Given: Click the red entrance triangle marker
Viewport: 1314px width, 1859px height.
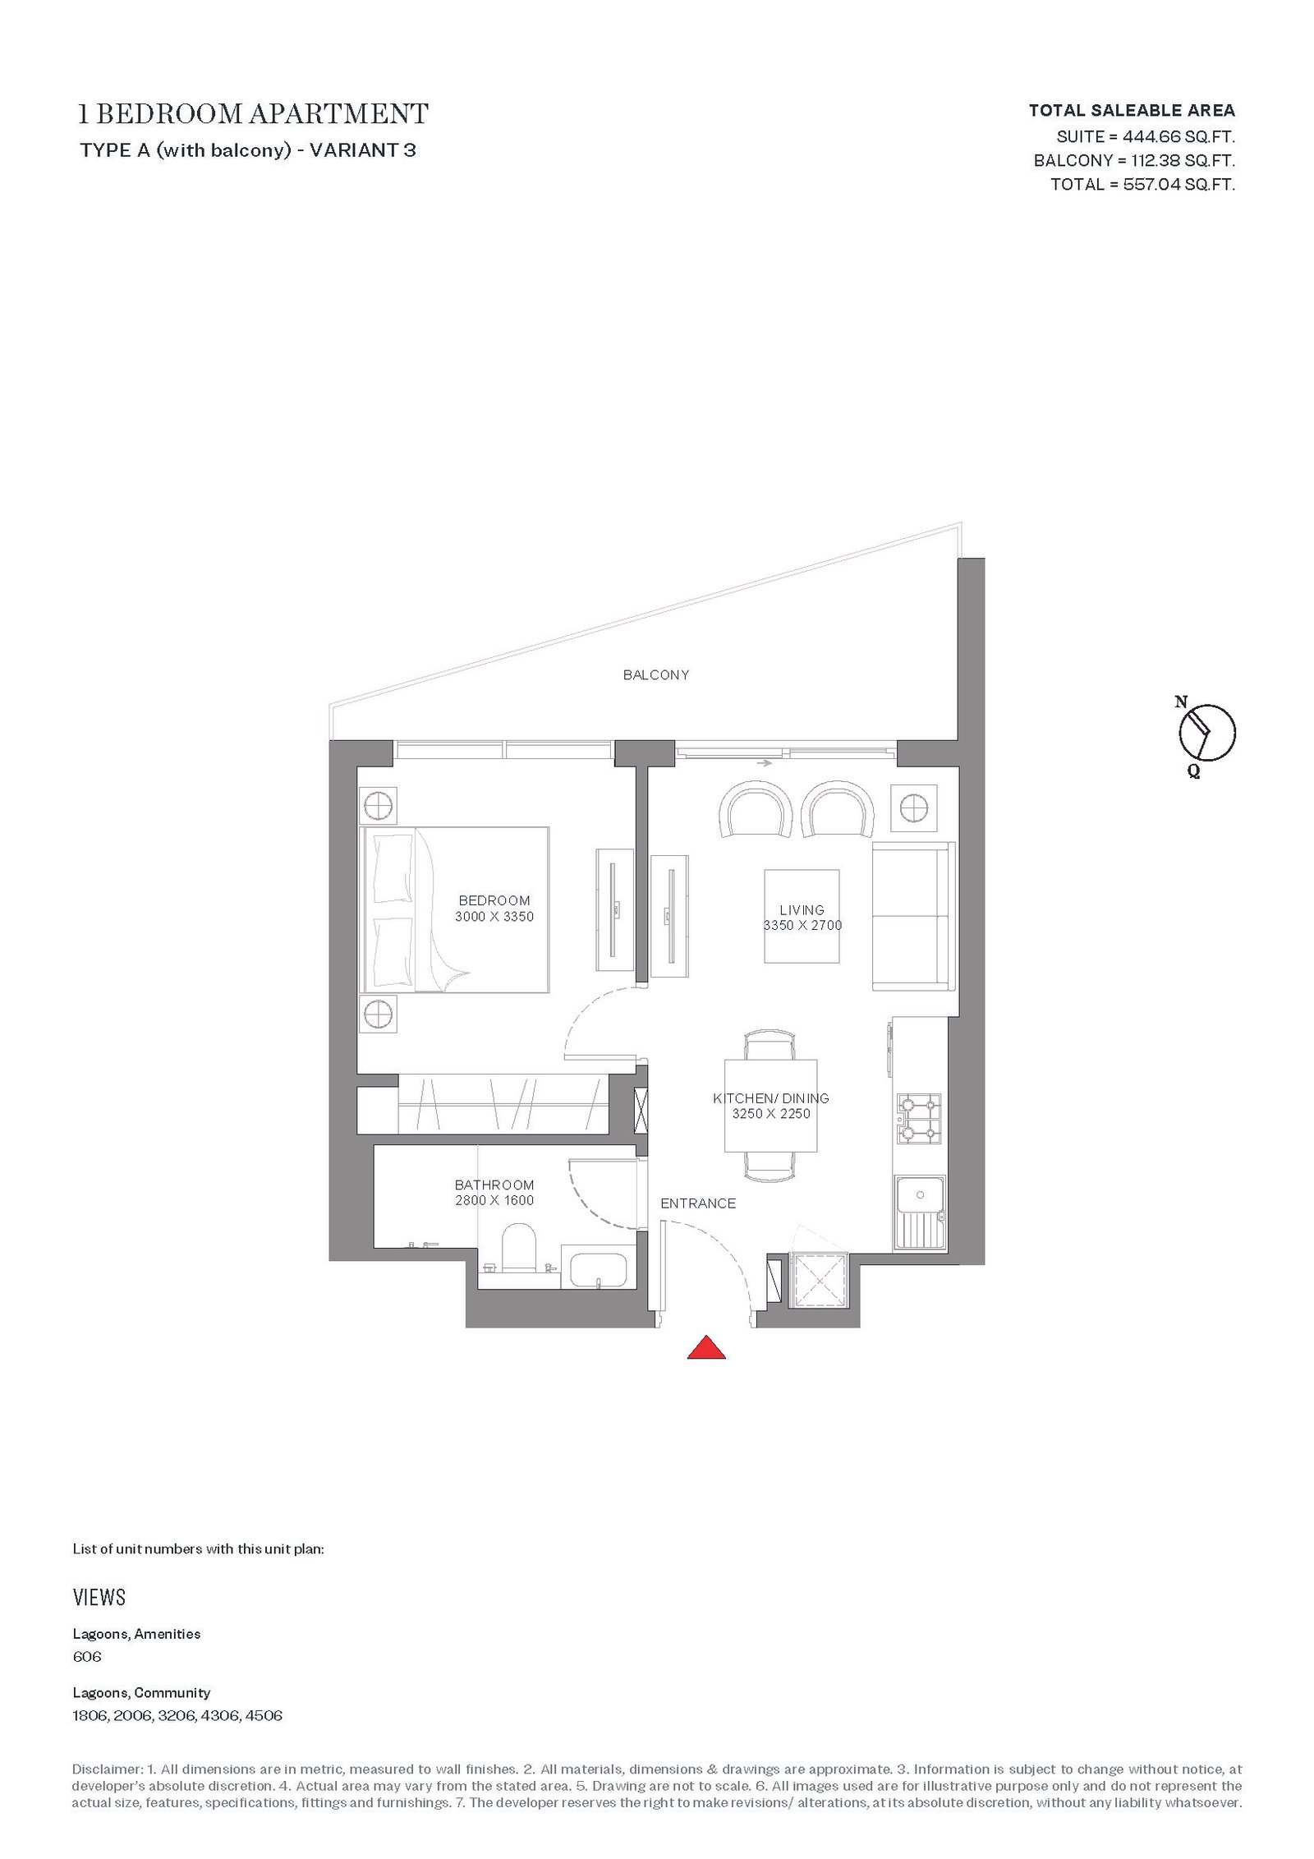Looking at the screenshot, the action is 706,1348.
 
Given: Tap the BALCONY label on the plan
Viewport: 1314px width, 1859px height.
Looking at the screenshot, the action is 656,674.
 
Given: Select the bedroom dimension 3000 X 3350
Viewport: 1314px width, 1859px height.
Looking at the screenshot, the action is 494,916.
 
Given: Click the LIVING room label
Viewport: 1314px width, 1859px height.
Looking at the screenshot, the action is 802,909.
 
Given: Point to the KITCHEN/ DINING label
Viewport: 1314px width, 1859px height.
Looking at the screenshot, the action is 771,1098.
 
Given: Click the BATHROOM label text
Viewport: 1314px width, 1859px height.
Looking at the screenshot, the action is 494,1185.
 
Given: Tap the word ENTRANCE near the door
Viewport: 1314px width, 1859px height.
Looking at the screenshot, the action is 698,1203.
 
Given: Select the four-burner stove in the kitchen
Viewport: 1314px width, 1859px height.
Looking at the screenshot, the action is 918,1119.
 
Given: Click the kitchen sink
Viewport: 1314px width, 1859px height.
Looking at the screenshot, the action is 920,1213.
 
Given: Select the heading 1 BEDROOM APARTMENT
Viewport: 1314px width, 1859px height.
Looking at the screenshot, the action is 253,113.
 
